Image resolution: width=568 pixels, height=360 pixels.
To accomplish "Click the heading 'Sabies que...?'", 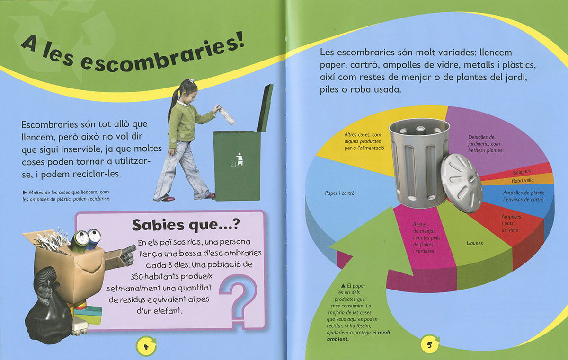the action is coord(186,224).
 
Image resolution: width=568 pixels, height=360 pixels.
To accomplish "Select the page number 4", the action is coord(146,347).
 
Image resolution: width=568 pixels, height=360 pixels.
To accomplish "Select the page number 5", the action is coord(429,345).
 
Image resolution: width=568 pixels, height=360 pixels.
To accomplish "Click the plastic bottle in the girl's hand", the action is coord(227,116).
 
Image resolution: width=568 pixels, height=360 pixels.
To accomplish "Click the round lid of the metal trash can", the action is coord(461,183).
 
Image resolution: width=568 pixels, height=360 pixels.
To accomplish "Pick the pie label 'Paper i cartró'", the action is coord(339,193).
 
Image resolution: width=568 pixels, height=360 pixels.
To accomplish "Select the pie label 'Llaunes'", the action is coord(475,243).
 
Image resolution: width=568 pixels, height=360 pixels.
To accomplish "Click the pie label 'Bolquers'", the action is coord(522,172).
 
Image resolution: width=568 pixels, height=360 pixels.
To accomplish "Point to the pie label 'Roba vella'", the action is coord(523,180).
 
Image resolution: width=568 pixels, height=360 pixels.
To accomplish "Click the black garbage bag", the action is coord(48,316).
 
